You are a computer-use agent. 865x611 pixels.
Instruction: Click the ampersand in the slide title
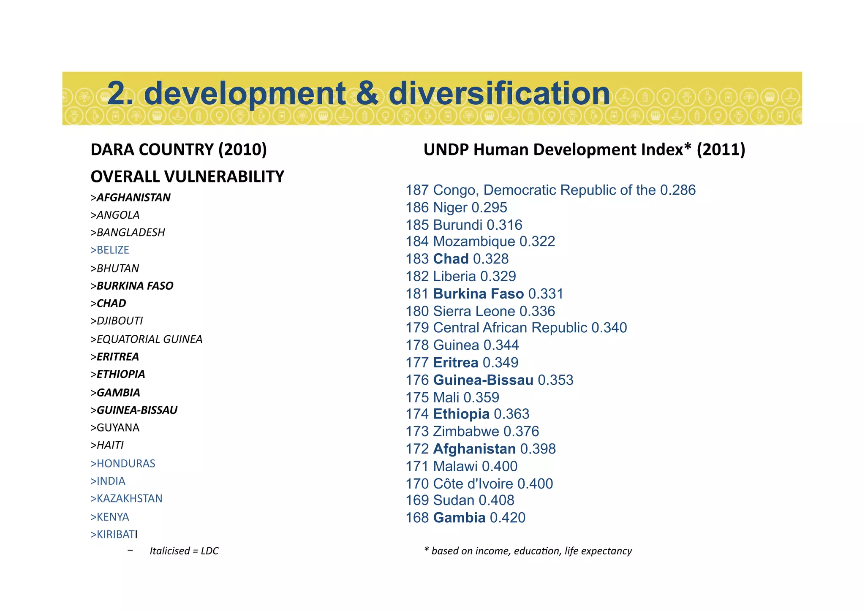[x=367, y=94]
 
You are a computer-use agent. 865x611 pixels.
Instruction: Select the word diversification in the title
[x=499, y=94]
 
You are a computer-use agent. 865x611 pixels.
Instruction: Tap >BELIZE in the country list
[x=110, y=250]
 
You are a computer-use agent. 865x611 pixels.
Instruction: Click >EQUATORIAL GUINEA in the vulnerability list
[x=147, y=339]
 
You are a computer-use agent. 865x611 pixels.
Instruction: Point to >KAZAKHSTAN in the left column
[x=126, y=499]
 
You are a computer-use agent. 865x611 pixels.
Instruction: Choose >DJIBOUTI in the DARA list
[x=117, y=321]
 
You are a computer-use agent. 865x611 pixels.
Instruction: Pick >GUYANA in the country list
[x=115, y=428]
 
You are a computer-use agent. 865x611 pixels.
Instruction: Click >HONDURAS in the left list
[x=123, y=464]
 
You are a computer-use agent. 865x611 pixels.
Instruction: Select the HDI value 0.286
[x=677, y=190]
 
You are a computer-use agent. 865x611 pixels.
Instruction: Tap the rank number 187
[x=417, y=190]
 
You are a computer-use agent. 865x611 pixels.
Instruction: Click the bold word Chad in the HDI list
[x=451, y=259]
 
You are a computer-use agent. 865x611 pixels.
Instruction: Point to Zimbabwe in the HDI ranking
[x=466, y=432]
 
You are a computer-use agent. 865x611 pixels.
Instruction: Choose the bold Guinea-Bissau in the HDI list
[x=483, y=380]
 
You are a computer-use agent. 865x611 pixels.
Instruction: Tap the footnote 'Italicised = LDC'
[x=184, y=551]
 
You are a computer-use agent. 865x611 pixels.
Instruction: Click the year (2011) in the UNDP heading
[x=721, y=150]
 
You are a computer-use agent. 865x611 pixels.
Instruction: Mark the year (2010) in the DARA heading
[x=242, y=150]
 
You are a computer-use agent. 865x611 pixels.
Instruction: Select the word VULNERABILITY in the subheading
[x=224, y=177]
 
